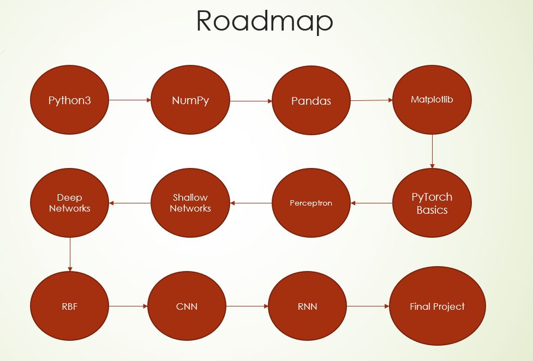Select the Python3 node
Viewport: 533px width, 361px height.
(x=70, y=100)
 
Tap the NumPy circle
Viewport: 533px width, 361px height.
(x=190, y=100)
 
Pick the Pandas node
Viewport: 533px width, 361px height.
(x=311, y=101)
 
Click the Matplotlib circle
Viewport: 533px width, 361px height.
(x=432, y=100)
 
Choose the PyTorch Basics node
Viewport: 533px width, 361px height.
(x=432, y=203)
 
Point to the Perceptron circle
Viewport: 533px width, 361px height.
(x=311, y=203)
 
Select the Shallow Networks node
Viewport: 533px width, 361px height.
(x=190, y=203)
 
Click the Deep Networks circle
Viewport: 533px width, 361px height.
(x=70, y=203)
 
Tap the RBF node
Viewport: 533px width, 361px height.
(x=70, y=306)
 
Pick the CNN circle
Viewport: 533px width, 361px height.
(x=187, y=306)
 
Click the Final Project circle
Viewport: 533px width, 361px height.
(x=437, y=306)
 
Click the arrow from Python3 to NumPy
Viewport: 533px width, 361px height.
(x=130, y=100)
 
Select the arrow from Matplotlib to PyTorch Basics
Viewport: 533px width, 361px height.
(x=432, y=151)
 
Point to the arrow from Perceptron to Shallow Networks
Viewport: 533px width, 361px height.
(x=251, y=203)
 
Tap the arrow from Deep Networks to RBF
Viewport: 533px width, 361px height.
(x=70, y=255)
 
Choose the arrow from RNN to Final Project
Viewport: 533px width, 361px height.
(x=368, y=306)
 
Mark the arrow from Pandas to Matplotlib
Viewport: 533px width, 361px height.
(x=372, y=100)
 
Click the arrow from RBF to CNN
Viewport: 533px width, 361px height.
(x=128, y=306)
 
